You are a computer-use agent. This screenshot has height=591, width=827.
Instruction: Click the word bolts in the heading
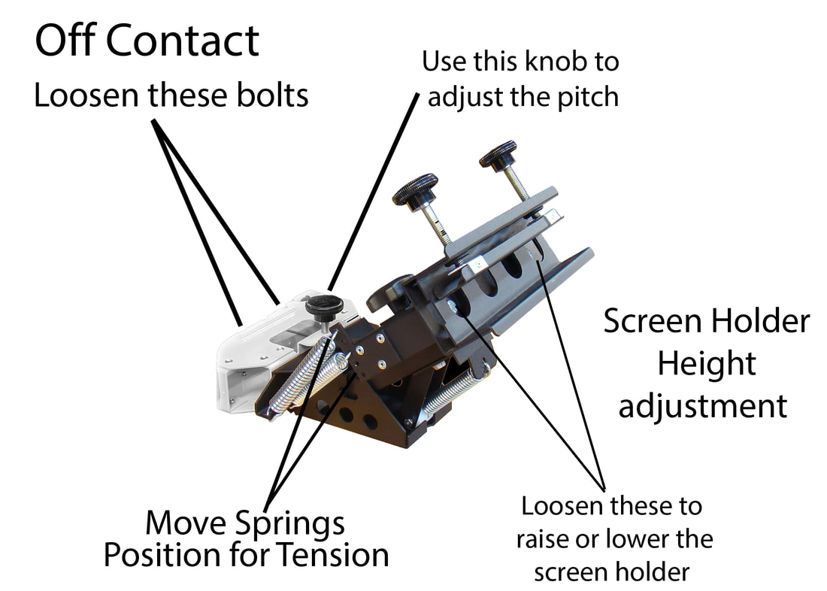(270, 96)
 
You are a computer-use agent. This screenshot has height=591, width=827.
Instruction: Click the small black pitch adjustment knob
(324, 306)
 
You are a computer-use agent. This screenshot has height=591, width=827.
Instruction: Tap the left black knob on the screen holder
(414, 190)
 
